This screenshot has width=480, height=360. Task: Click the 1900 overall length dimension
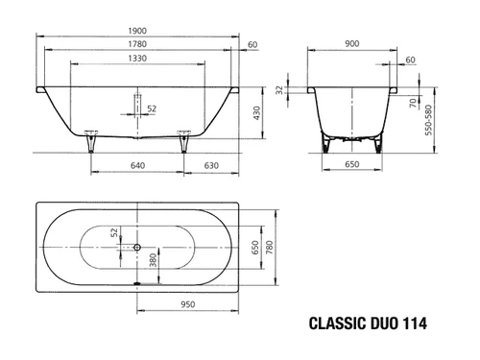(x=137, y=31)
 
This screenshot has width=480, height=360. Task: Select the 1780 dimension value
(x=137, y=44)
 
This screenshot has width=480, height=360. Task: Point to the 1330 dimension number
(x=137, y=59)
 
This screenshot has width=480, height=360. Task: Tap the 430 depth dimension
(x=256, y=113)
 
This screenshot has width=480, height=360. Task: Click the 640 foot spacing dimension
(x=137, y=165)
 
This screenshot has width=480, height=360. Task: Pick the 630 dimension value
(x=211, y=165)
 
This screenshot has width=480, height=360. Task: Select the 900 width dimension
(x=352, y=43)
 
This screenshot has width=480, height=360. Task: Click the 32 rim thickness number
(x=279, y=90)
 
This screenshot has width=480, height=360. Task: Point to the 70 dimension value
(x=414, y=103)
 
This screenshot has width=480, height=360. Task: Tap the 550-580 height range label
(x=428, y=120)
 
